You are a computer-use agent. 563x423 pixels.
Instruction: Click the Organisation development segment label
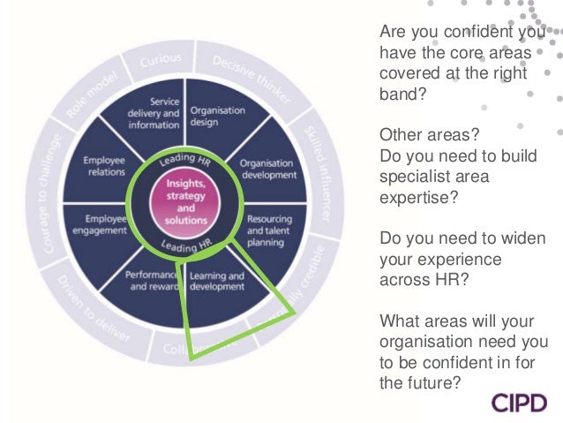(x=260, y=169)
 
